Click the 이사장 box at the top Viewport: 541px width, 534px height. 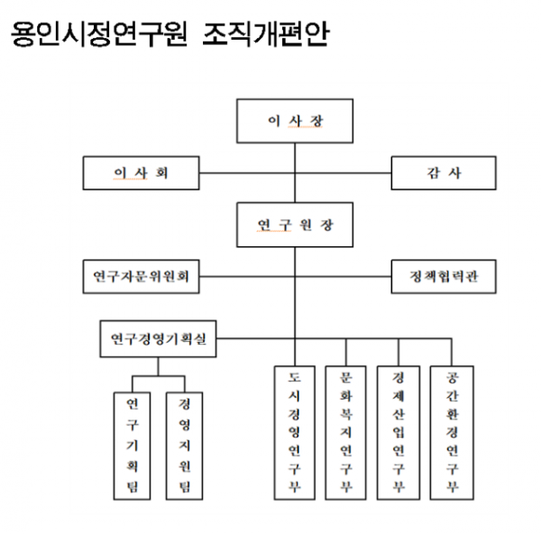(x=294, y=120)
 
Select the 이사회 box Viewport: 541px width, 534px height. (x=140, y=172)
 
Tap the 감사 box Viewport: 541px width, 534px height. (x=443, y=172)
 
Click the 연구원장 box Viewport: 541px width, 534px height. (x=294, y=225)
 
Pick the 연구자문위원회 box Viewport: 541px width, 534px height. (x=140, y=277)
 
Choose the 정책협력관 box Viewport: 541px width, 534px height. (x=443, y=277)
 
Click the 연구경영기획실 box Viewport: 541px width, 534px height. (x=158, y=339)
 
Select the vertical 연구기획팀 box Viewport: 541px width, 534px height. (x=133, y=446)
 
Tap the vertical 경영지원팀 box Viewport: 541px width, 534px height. (x=184, y=446)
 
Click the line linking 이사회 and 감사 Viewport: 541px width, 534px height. (x=343, y=172)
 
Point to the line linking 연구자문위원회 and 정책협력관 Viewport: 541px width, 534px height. (x=343, y=277)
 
